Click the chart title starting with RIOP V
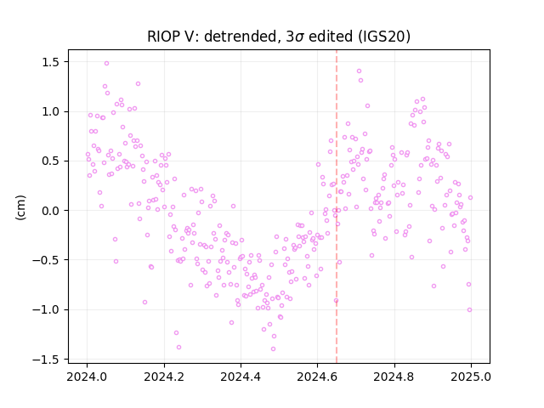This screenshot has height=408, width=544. point(279,37)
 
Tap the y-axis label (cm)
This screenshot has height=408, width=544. point(20,207)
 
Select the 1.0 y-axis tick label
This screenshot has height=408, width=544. point(51,111)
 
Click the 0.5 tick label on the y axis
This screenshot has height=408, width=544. point(51,161)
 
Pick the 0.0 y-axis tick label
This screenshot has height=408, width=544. point(51,211)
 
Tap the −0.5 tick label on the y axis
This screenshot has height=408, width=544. point(47,260)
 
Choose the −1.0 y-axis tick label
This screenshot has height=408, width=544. point(47,309)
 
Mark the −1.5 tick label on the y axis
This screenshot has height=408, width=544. point(47,360)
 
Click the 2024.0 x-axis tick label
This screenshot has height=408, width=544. point(87,377)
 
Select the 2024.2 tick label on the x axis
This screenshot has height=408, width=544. point(164,377)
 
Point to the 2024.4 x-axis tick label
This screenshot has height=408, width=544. point(241,377)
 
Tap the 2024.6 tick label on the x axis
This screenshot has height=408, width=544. point(317,377)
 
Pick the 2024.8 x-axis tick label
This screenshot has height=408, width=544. point(394,377)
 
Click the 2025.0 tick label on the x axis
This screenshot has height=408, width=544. point(471,377)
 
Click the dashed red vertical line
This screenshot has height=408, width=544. point(337,207)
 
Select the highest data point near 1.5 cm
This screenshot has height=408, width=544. point(106,64)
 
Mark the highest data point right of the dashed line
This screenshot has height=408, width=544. point(359,71)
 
